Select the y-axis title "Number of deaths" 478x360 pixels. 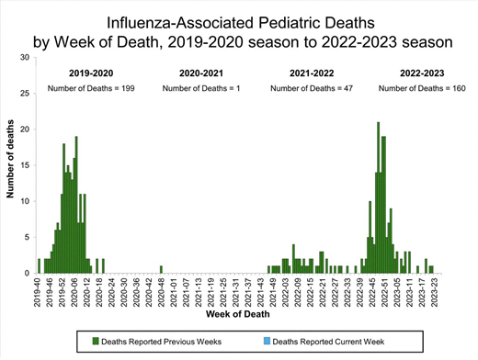point(10,165)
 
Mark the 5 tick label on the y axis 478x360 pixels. point(28,237)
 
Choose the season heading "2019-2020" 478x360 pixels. point(90,72)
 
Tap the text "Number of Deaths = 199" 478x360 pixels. point(90,88)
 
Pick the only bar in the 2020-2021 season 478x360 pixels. point(161,269)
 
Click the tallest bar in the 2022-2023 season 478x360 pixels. point(377,197)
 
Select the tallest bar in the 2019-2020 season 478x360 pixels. point(76,205)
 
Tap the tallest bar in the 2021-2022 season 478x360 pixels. point(293,259)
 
